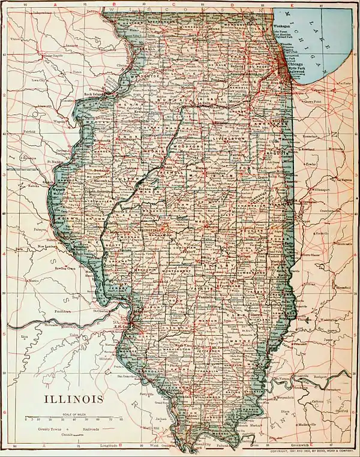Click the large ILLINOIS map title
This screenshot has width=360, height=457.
pyautogui.click(x=73, y=399)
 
